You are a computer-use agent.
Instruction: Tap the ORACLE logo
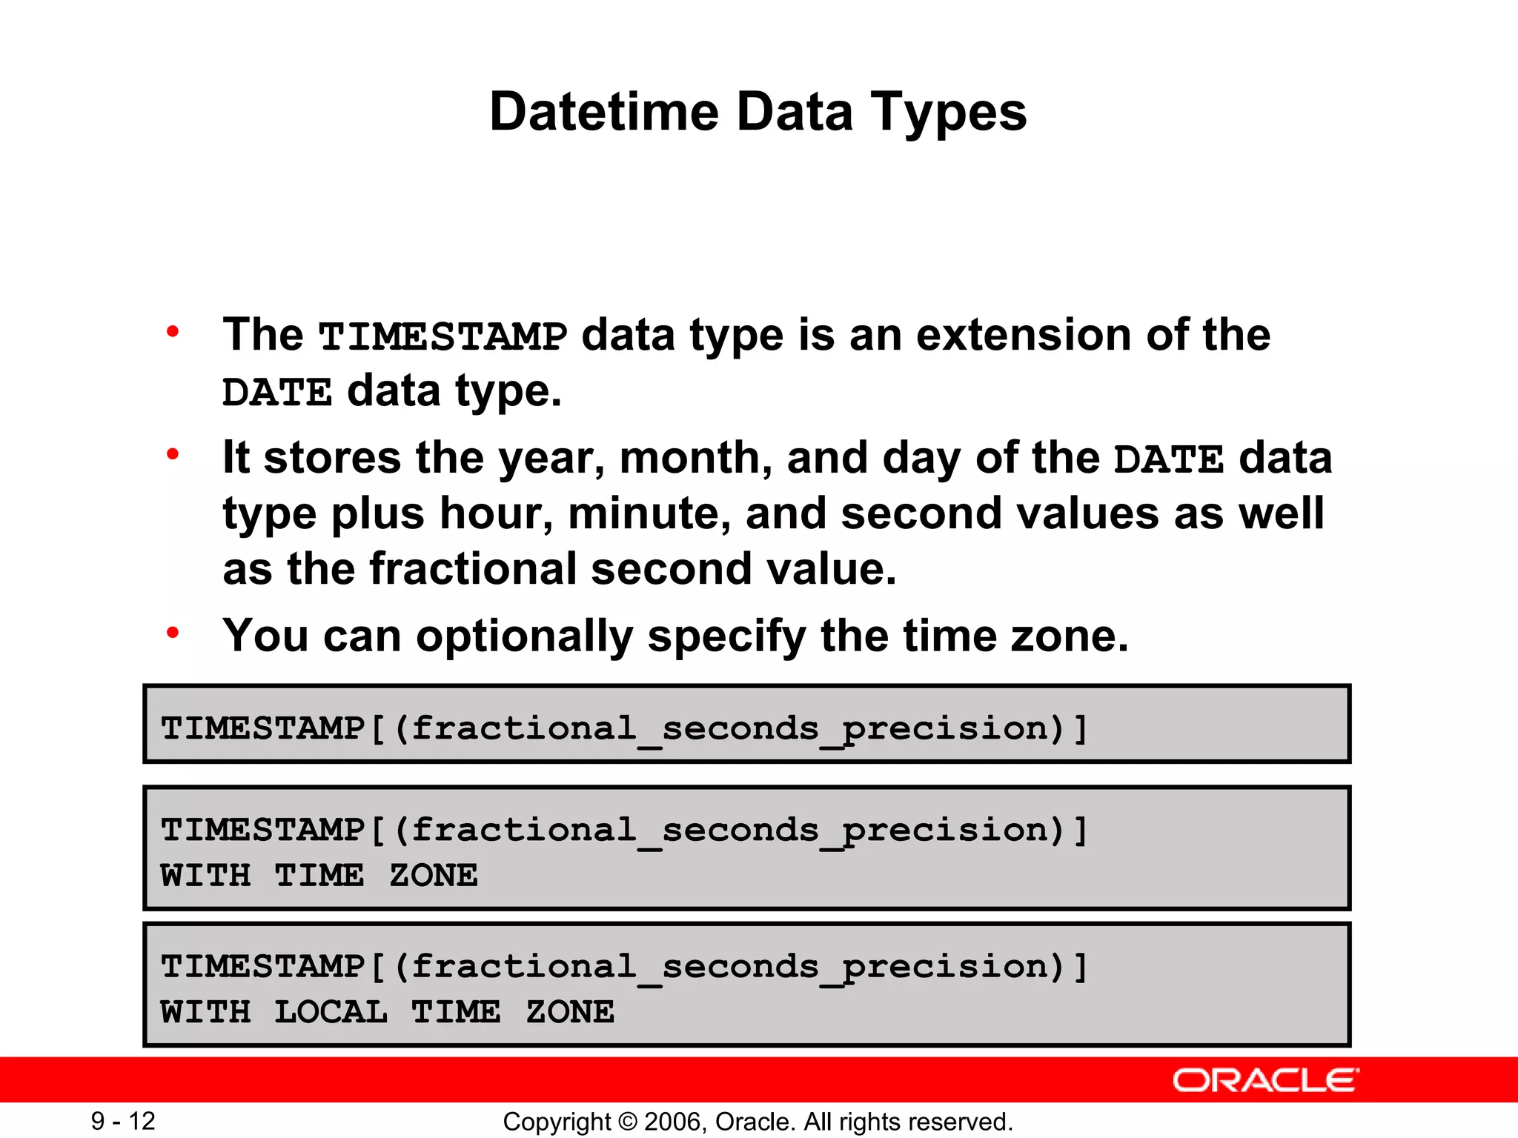click(x=1265, y=1080)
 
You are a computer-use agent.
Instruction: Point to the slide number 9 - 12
click(x=123, y=1121)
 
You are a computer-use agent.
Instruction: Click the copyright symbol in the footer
click(x=627, y=1122)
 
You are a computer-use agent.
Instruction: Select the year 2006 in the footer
click(x=669, y=1122)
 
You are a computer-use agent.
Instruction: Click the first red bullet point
click(x=173, y=331)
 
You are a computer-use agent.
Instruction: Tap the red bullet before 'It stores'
click(x=173, y=453)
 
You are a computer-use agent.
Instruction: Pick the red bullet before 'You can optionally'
click(x=173, y=632)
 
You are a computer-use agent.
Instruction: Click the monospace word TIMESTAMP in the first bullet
click(x=443, y=337)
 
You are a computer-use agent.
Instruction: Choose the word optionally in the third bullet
click(x=524, y=636)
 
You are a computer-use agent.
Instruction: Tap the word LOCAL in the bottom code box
click(x=331, y=1012)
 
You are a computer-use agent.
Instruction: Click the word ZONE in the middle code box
click(x=434, y=876)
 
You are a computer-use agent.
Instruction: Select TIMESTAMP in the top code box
click(x=263, y=728)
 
